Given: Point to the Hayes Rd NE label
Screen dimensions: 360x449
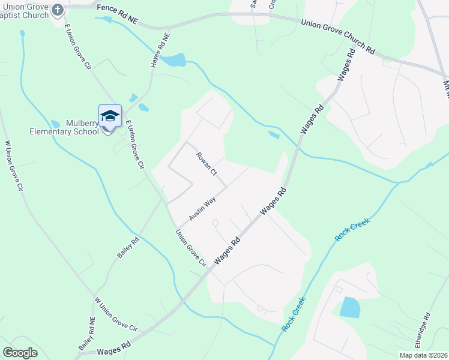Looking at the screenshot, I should point(160,50).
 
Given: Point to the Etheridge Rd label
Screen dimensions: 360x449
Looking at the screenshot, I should point(423,329).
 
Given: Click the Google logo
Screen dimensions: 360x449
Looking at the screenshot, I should point(20,353).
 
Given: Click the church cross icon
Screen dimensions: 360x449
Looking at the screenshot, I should point(58,9).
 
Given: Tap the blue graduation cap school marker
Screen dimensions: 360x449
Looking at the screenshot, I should point(110,116).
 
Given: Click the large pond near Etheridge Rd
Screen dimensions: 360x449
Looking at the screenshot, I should point(349,307).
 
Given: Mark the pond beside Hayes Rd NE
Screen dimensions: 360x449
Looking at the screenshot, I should point(173,60).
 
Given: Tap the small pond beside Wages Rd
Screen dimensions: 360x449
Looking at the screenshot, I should point(273,134).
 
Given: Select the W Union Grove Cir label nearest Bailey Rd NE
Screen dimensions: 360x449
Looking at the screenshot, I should point(116,314).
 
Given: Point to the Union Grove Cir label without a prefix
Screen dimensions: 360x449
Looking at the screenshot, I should point(191,248).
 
